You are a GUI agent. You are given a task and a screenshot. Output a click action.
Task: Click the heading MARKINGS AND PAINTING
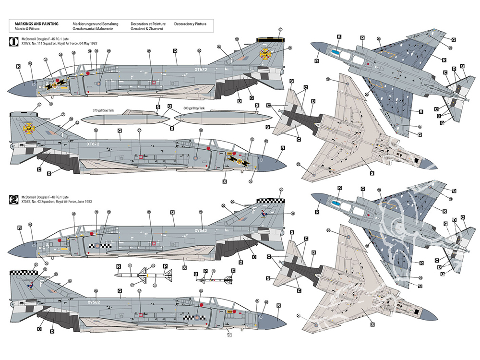37,24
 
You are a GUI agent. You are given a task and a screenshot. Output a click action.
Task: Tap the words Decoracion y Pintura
190,24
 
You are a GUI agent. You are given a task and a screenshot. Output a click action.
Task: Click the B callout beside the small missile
196,273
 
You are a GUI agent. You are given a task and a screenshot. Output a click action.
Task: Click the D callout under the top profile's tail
239,101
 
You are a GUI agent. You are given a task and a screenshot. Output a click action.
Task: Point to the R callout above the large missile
118,266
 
